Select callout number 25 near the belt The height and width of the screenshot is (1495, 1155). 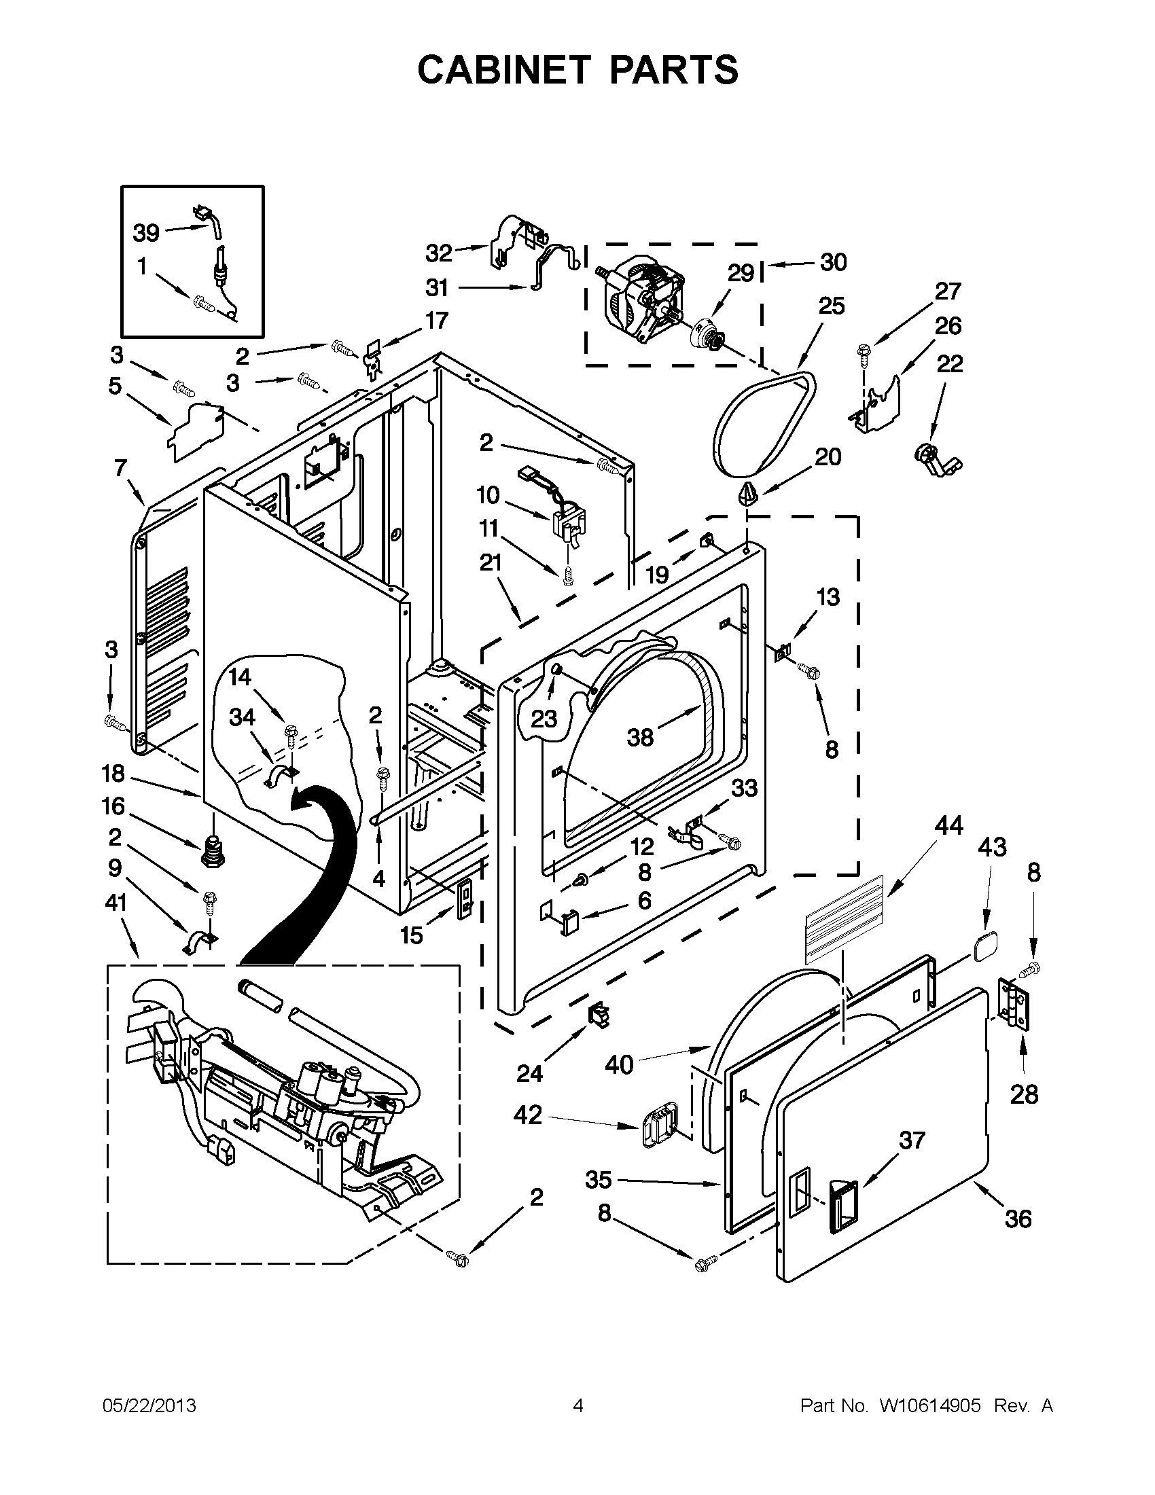831,305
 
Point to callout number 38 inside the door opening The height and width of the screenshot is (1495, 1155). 641,737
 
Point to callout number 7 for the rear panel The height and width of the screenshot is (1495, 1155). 120,468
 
